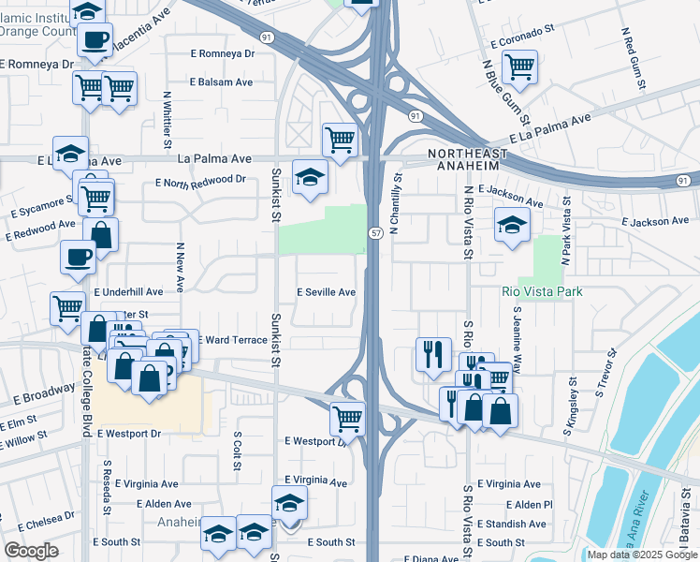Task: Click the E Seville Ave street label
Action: click(x=326, y=292)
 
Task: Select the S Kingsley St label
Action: click(x=570, y=407)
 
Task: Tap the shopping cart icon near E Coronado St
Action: click(x=518, y=66)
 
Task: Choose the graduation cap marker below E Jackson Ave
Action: click(x=511, y=225)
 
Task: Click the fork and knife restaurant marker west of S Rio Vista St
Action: click(x=432, y=353)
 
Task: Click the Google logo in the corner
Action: click(x=31, y=551)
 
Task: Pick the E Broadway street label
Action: click(x=44, y=393)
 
